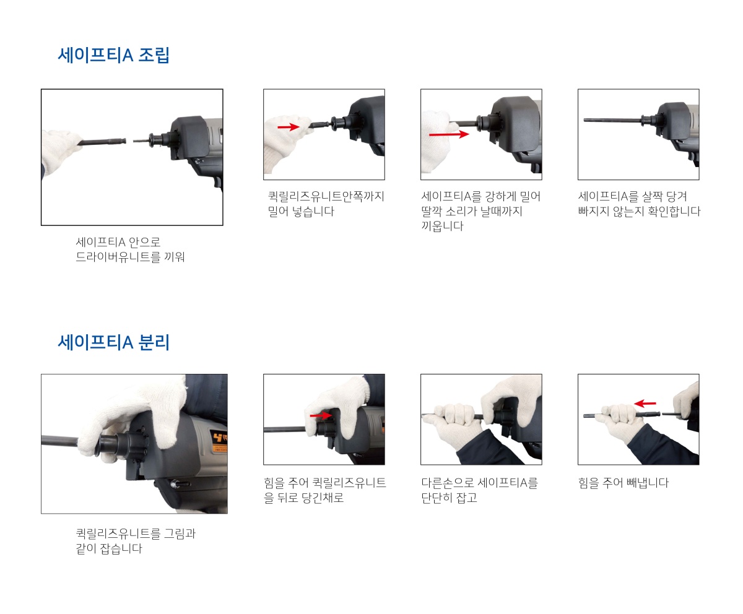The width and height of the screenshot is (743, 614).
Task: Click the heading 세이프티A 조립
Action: point(113,55)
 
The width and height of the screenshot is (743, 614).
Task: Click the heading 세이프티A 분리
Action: point(113,342)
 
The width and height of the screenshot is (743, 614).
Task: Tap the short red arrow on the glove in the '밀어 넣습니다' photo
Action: point(289,127)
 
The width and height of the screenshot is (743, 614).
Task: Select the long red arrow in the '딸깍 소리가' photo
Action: point(449,134)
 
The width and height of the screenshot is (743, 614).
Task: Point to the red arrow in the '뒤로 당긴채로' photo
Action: point(321,415)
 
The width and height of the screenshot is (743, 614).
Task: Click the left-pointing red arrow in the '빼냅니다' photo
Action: point(645,404)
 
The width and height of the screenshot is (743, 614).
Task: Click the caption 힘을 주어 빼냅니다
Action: point(624,483)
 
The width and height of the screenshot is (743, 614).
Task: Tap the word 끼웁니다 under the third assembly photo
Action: point(442,226)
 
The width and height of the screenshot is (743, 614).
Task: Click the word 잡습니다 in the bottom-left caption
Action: point(121,548)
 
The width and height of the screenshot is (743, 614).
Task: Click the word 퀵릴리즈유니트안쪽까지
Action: point(326,196)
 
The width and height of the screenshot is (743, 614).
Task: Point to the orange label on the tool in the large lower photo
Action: point(220,441)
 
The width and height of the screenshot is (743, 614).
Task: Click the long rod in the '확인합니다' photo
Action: point(613,120)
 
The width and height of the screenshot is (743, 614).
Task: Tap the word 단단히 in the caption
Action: point(437,498)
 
